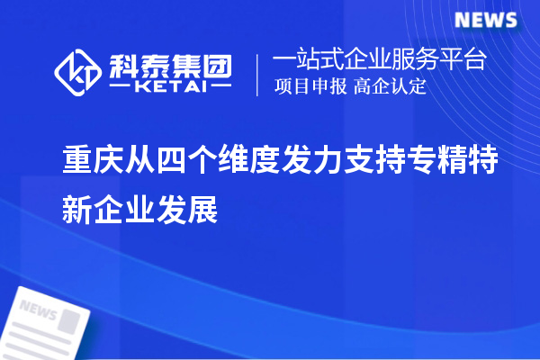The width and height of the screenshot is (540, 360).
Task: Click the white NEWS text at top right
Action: click(x=484, y=20)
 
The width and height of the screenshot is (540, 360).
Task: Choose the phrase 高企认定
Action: click(x=389, y=87)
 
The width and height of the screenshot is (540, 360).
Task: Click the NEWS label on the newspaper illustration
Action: click(x=39, y=310)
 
